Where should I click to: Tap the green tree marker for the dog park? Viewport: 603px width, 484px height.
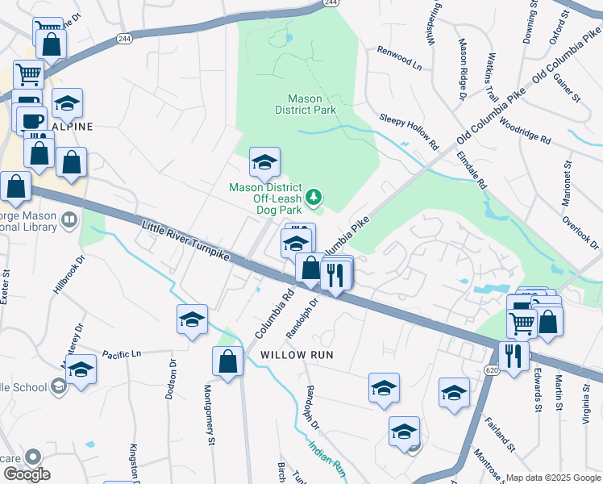click(314, 197)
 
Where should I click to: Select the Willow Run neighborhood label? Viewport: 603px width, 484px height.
click(296, 355)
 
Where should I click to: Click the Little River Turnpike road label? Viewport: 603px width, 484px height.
click(186, 242)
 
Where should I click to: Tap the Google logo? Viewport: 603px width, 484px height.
click(26, 474)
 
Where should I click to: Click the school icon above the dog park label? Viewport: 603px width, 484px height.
click(264, 163)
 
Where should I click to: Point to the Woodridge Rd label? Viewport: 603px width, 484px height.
click(525, 133)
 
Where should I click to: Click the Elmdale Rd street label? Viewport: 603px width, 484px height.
click(472, 170)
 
